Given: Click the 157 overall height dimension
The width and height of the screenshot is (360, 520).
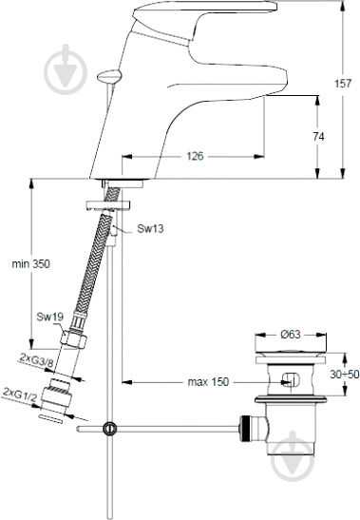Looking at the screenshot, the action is pyautogui.click(x=343, y=83).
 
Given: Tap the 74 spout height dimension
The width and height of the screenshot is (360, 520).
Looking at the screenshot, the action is pyautogui.click(x=318, y=137).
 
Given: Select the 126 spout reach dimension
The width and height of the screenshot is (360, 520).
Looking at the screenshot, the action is pyautogui.click(x=195, y=156).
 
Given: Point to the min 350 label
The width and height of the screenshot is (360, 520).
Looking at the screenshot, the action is pyautogui.click(x=30, y=263).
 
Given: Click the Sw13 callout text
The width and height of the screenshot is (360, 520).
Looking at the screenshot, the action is pyautogui.click(x=150, y=228).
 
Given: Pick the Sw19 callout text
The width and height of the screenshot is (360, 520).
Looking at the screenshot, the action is pyautogui.click(x=49, y=317).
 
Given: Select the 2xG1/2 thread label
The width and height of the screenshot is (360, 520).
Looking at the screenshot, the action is pyautogui.click(x=20, y=395).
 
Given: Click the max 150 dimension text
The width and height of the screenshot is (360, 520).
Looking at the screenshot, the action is pyautogui.click(x=208, y=382).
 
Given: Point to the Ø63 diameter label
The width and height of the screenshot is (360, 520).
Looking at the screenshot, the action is pyautogui.click(x=291, y=335).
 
